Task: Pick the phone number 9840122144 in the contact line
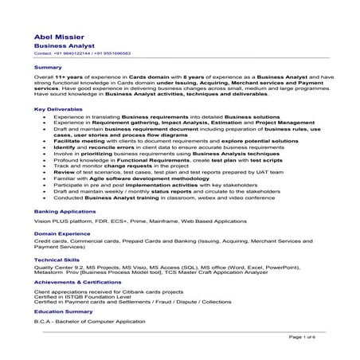[66, 53]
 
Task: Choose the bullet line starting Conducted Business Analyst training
[144, 198]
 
